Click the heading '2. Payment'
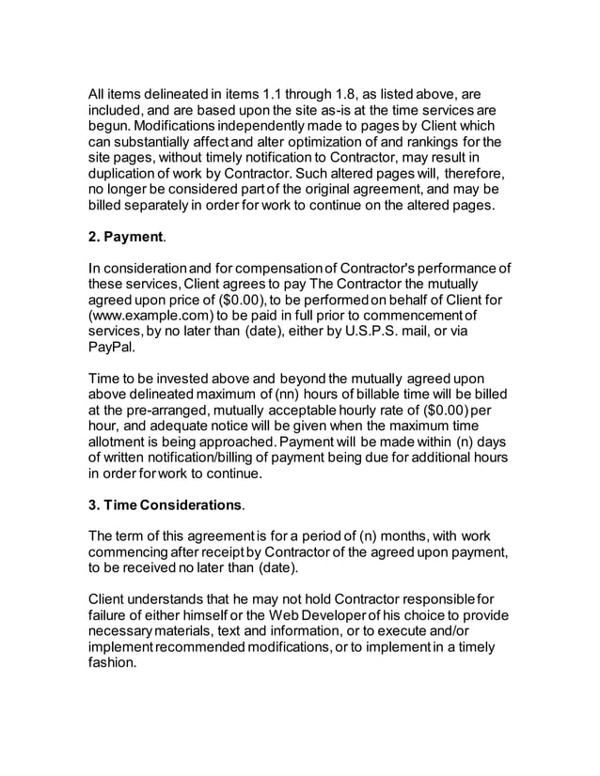pos(124,238)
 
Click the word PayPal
pos(111,347)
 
